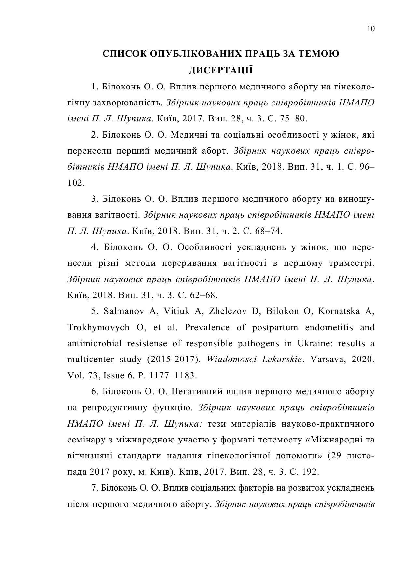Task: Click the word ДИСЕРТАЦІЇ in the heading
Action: coord(221,70)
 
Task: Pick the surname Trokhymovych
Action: coord(98,327)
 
